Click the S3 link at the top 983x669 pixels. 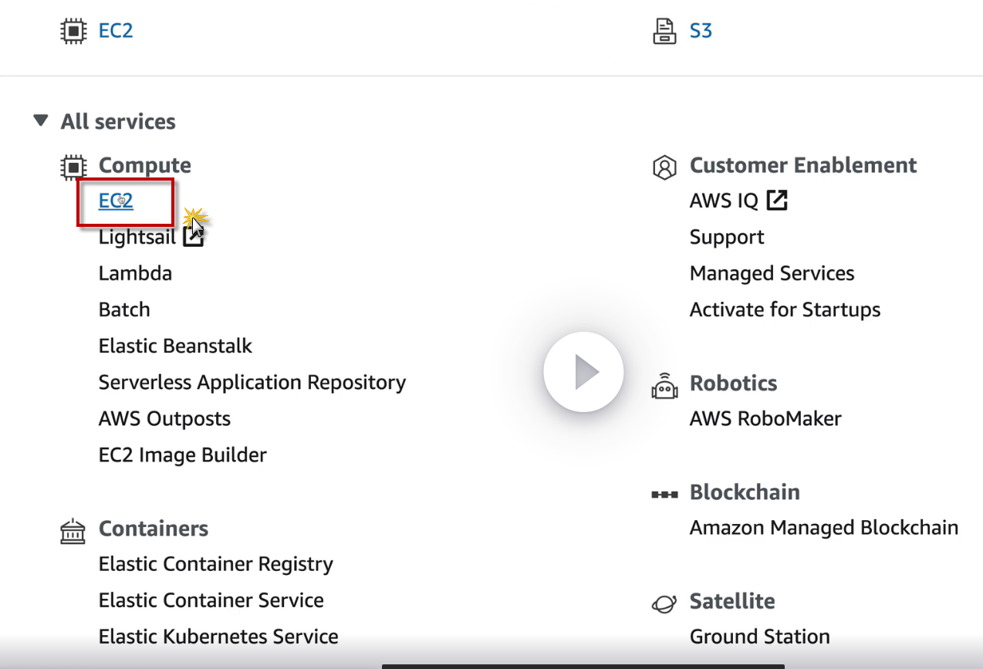pos(700,32)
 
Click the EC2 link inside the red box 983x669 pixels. pos(116,201)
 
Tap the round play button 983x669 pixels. pos(583,373)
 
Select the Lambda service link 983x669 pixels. pos(135,274)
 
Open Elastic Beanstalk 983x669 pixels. pos(175,346)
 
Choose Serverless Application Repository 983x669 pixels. pos(252,383)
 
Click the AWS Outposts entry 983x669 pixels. pos(164,419)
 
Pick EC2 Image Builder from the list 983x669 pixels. pos(182,455)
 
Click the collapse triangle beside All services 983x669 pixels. pos(41,121)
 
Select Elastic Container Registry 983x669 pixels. pos(215,564)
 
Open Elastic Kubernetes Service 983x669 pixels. pos(218,637)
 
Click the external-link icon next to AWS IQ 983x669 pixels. pos(777,201)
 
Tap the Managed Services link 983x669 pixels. pos(772,274)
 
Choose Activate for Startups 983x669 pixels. pos(785,310)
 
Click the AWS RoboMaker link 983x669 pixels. pos(765,419)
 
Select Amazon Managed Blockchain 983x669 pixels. pos(823,529)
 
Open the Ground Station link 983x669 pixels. pos(759,637)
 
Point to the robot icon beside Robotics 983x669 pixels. pos(664,386)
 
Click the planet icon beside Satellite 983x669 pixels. pos(664,603)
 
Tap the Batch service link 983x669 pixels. pos(124,310)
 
